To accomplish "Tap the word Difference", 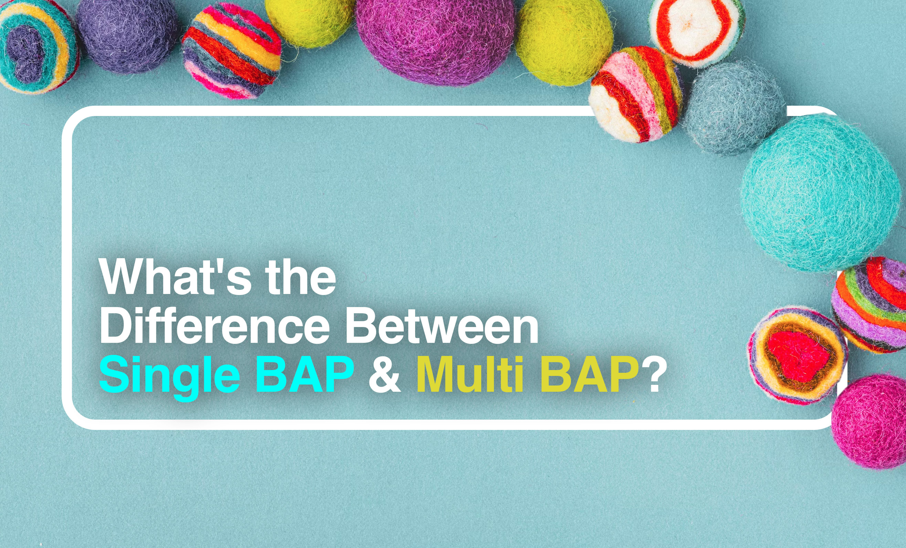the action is [x=214, y=326].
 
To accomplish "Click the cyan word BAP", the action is [x=306, y=375].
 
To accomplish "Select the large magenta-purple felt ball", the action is [x=436, y=39].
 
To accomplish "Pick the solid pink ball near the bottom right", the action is [x=870, y=421].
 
